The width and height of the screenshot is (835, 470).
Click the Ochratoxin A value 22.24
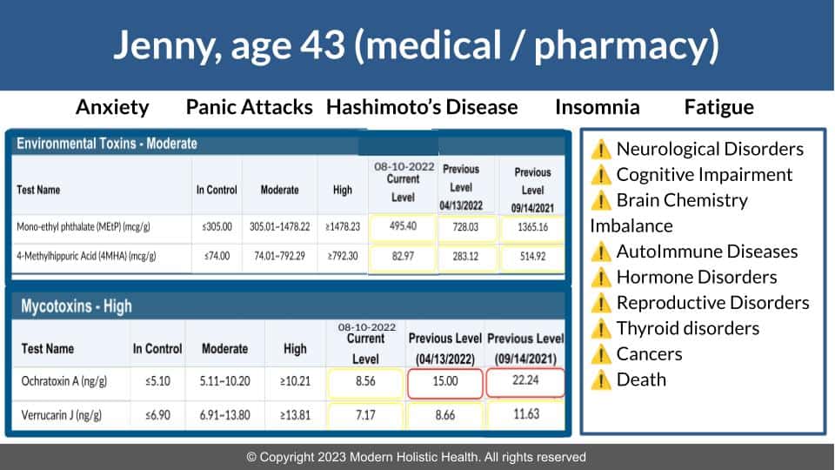click(x=525, y=380)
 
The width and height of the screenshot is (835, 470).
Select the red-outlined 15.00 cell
click(x=445, y=382)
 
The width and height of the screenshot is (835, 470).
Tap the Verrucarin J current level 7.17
click(x=365, y=414)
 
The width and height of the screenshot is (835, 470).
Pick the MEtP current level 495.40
click(x=403, y=226)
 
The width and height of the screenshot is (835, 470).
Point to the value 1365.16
click(x=532, y=227)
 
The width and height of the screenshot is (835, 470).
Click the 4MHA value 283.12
click(x=465, y=256)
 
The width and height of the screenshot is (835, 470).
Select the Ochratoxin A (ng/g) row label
click(x=63, y=381)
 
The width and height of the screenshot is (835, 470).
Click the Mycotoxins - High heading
click(x=77, y=306)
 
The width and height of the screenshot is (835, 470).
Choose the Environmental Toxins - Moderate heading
click(x=106, y=144)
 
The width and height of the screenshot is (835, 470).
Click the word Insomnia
click(x=597, y=107)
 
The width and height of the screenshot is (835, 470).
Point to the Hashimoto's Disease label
click(x=422, y=107)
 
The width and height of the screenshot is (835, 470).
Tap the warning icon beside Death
click(x=601, y=380)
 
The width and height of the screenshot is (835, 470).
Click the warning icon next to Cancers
click(x=601, y=354)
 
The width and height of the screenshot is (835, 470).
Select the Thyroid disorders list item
click(x=687, y=329)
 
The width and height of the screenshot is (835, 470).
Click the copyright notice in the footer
click(x=416, y=457)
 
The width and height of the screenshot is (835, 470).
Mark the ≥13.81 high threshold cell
click(x=295, y=415)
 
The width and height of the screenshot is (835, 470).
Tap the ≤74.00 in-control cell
click(x=217, y=256)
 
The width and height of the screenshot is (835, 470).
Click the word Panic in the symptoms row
click(x=211, y=107)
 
